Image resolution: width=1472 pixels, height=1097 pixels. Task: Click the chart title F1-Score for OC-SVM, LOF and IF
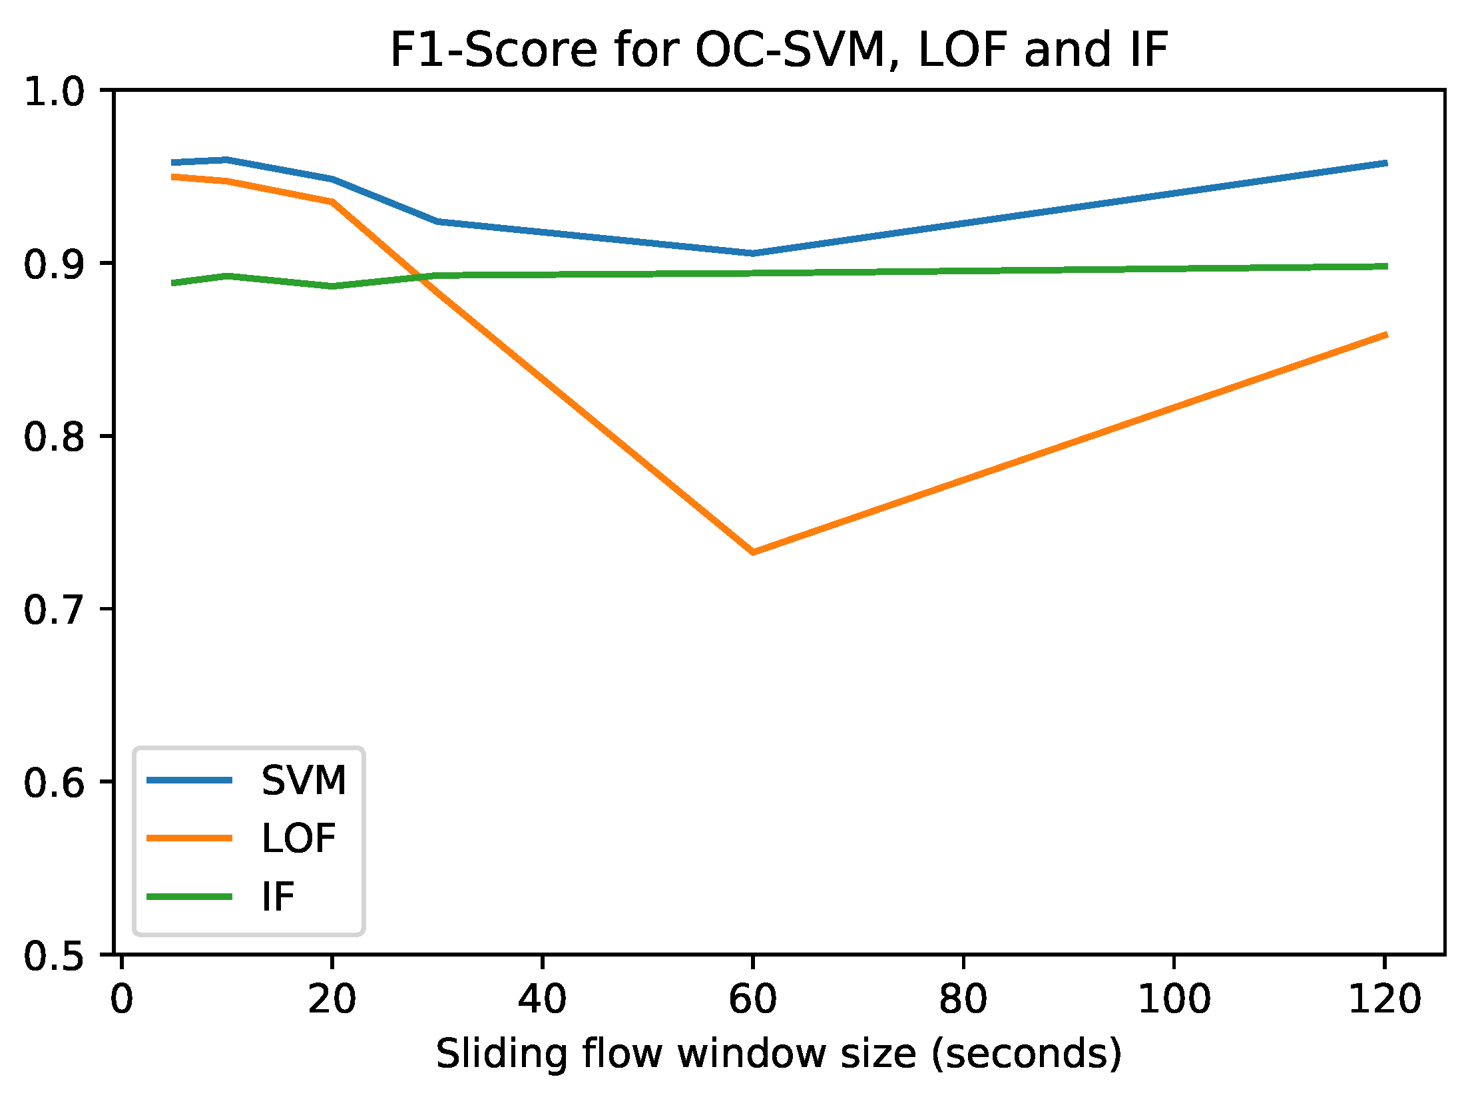click(778, 50)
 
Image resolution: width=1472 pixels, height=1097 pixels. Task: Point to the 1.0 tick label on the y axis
click(55, 91)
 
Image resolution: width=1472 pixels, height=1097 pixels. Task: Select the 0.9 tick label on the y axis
click(55, 264)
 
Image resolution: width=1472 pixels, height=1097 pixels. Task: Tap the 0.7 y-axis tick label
click(55, 610)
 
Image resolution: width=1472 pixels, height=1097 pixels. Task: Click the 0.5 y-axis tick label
click(55, 957)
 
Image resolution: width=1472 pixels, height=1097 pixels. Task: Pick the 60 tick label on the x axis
click(752, 999)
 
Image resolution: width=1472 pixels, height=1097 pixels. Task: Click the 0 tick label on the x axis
click(121, 999)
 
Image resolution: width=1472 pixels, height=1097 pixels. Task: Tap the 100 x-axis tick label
click(1174, 999)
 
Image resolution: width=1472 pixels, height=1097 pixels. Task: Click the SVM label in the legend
click(304, 780)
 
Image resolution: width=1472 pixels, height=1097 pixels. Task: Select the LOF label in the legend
click(298, 838)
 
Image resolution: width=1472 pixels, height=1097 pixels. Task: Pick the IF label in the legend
click(278, 897)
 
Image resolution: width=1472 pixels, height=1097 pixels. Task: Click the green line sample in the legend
click(190, 897)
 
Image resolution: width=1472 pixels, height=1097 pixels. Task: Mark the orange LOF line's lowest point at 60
click(753, 552)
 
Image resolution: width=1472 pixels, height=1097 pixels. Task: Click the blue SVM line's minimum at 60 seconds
click(753, 253)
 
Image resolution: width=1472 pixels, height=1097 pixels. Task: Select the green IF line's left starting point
click(174, 283)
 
